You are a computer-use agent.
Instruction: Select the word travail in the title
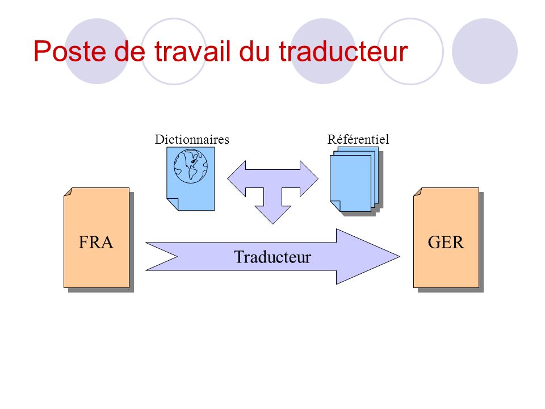(192, 51)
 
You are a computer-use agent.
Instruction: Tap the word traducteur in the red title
(343, 51)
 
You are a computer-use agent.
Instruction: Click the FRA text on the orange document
(96, 243)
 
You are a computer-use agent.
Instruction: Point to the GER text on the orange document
(446, 243)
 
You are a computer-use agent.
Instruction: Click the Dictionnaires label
(192, 140)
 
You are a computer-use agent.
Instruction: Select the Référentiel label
(358, 140)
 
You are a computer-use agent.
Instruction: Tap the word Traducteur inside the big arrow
(272, 257)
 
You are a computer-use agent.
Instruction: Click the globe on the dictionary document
(191, 166)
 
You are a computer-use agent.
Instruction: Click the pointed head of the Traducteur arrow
(399, 257)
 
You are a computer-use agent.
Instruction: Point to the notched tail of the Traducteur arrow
(177, 257)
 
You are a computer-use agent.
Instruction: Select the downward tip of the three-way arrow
(273, 224)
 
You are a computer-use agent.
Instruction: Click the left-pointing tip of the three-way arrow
(228, 178)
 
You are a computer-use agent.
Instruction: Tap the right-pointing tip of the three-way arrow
(318, 178)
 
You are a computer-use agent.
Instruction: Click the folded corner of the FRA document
(68, 191)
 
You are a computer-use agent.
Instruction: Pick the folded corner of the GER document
(417, 191)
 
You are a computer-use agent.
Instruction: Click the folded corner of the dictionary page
(173, 204)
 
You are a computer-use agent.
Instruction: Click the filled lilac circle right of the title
(484, 51)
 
